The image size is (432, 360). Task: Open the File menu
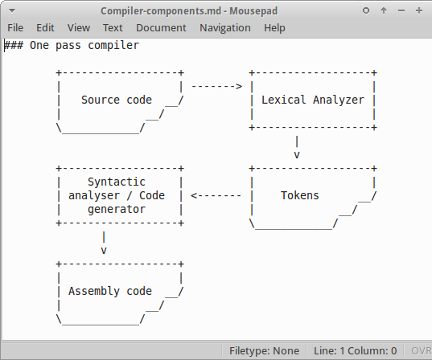[15, 27]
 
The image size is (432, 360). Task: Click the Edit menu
[45, 27]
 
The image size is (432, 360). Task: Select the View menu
[79, 27]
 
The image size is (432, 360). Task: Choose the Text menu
[113, 27]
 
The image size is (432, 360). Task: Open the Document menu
[161, 27]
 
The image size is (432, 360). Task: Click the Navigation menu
[225, 27]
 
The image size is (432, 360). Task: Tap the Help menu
[274, 27]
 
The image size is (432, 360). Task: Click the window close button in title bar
[418, 10]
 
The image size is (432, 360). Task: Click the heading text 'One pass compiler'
[84, 45]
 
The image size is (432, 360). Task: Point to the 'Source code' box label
[116, 100]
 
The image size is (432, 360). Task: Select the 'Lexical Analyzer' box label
[313, 100]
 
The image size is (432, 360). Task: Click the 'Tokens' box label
[300, 195]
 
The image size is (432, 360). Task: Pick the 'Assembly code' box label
[110, 291]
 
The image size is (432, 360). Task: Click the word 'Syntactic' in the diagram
[116, 182]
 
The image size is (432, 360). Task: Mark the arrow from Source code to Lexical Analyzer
[216, 86]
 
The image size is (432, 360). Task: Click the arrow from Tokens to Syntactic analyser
[216, 195]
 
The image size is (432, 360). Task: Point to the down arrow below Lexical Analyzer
[297, 149]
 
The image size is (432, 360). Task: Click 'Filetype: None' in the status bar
[264, 351]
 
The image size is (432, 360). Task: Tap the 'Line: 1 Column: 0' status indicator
[355, 351]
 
